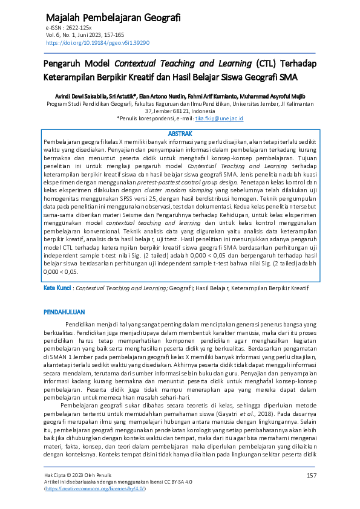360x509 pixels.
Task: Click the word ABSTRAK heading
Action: click(180, 134)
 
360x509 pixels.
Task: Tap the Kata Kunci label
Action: click(57, 288)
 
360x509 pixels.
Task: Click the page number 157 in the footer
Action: click(312, 476)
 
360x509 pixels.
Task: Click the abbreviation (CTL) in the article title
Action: click(266, 63)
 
